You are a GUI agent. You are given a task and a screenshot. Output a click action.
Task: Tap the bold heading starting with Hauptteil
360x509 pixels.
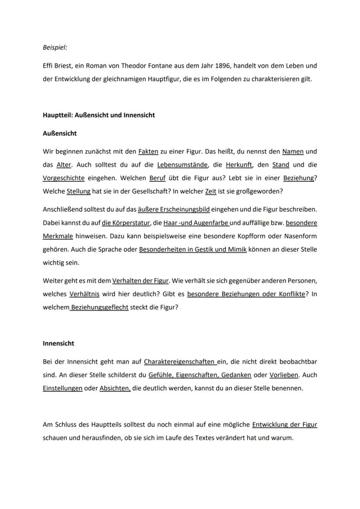coord(99,115)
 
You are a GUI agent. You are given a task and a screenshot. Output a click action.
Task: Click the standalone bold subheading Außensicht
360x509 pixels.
coord(60,133)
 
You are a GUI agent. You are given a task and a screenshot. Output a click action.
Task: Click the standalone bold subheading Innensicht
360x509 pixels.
coord(58,343)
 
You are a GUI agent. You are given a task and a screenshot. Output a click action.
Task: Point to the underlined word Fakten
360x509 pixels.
coord(148,152)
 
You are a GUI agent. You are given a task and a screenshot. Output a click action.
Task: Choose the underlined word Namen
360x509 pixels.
coord(293,152)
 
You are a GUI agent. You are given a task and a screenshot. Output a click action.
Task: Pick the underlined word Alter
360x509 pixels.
coord(64,165)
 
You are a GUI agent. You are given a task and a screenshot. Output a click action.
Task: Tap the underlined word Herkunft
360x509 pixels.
coord(239,165)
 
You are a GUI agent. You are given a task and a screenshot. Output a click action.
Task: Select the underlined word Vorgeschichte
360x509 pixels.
coord(63,178)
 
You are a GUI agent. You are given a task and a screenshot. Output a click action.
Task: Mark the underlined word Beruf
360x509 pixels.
coord(157,178)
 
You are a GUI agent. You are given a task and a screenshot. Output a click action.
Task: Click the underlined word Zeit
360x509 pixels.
coord(210,191)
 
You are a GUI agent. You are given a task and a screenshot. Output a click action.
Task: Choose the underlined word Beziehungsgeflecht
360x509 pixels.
coord(99,307)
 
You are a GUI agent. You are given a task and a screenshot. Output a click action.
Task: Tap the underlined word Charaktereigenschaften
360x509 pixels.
coord(180,362)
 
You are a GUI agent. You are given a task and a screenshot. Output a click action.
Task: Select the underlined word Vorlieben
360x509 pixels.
coord(284,375)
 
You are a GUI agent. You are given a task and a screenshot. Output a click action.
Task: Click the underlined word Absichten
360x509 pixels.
coord(115,388)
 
